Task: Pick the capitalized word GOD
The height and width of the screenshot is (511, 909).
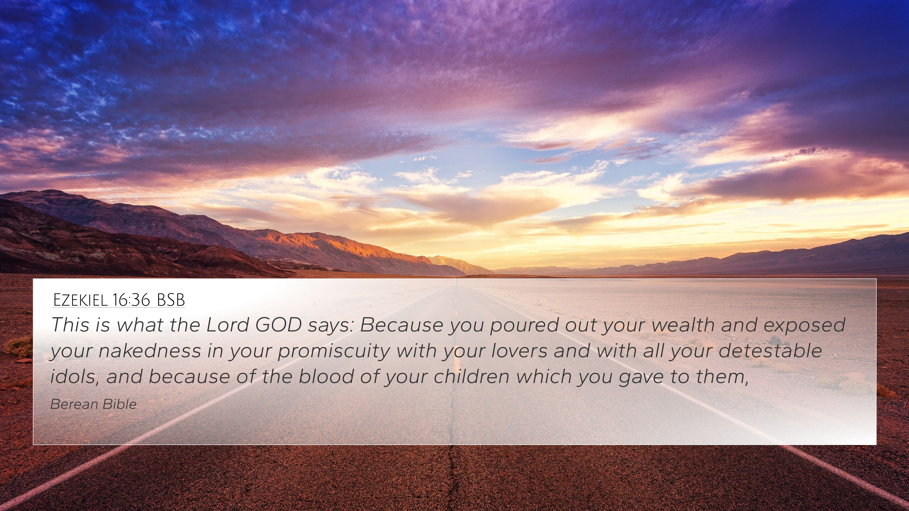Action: click(278, 324)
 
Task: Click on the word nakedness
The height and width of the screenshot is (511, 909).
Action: click(150, 351)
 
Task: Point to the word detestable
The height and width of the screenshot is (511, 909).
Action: click(770, 351)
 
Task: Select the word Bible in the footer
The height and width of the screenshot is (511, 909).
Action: click(120, 404)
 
